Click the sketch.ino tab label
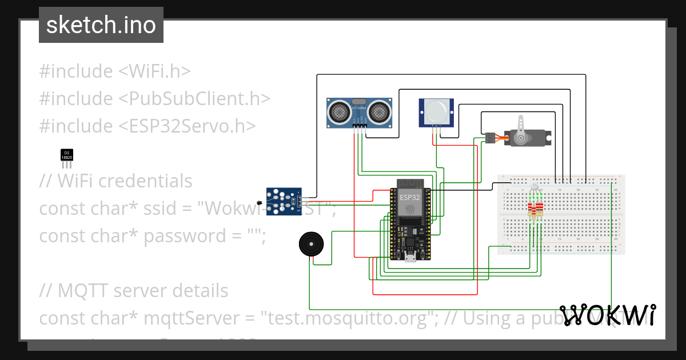(x=101, y=26)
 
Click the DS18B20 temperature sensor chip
(x=67, y=154)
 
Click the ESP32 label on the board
(x=409, y=197)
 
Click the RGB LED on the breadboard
(x=535, y=186)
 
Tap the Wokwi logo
(x=607, y=315)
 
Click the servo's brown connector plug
(x=490, y=138)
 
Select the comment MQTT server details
(x=134, y=291)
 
